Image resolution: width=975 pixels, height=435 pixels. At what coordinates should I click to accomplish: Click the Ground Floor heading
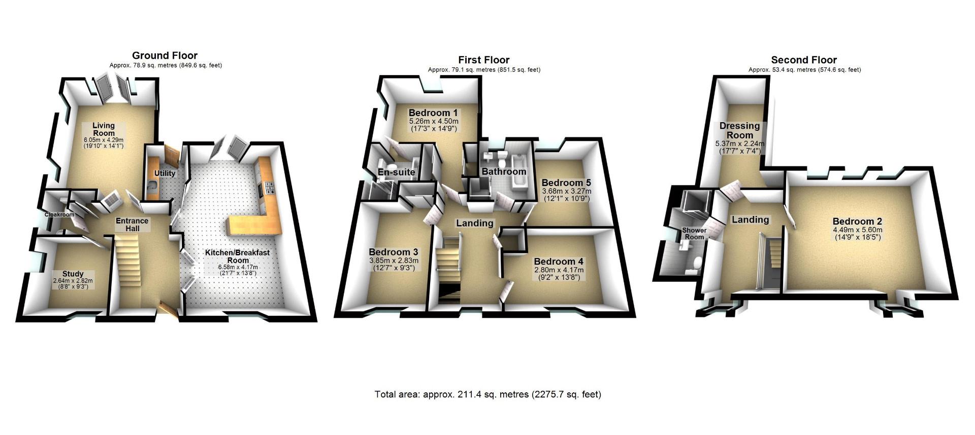(x=165, y=56)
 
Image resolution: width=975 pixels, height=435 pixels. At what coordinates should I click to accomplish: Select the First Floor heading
(x=483, y=60)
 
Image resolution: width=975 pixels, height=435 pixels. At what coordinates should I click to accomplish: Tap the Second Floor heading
(x=804, y=60)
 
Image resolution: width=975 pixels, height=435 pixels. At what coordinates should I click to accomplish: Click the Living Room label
(x=103, y=129)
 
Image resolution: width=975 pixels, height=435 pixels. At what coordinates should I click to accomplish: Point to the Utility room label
(x=165, y=173)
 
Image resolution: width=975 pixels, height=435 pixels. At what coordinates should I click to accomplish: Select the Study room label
(x=73, y=274)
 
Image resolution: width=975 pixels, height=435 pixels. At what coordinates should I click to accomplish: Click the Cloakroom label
(x=59, y=214)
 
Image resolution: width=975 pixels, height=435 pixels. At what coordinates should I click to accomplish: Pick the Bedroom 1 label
(x=433, y=113)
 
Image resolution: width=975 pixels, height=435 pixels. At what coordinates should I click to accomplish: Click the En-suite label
(x=396, y=172)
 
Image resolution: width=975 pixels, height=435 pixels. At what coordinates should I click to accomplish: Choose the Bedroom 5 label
(x=565, y=183)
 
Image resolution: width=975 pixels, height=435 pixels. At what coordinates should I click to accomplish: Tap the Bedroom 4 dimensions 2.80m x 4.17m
(x=559, y=270)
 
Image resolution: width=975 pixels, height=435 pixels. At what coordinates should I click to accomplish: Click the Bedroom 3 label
(x=393, y=252)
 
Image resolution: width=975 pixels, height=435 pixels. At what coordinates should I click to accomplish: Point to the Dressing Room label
(x=739, y=130)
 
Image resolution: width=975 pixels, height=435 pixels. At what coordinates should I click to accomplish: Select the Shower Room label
(x=694, y=234)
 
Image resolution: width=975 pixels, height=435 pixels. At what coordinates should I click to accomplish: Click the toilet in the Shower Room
(x=697, y=262)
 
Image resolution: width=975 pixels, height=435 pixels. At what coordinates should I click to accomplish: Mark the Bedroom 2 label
(x=857, y=221)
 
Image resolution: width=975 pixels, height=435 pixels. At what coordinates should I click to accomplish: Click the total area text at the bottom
(x=487, y=394)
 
